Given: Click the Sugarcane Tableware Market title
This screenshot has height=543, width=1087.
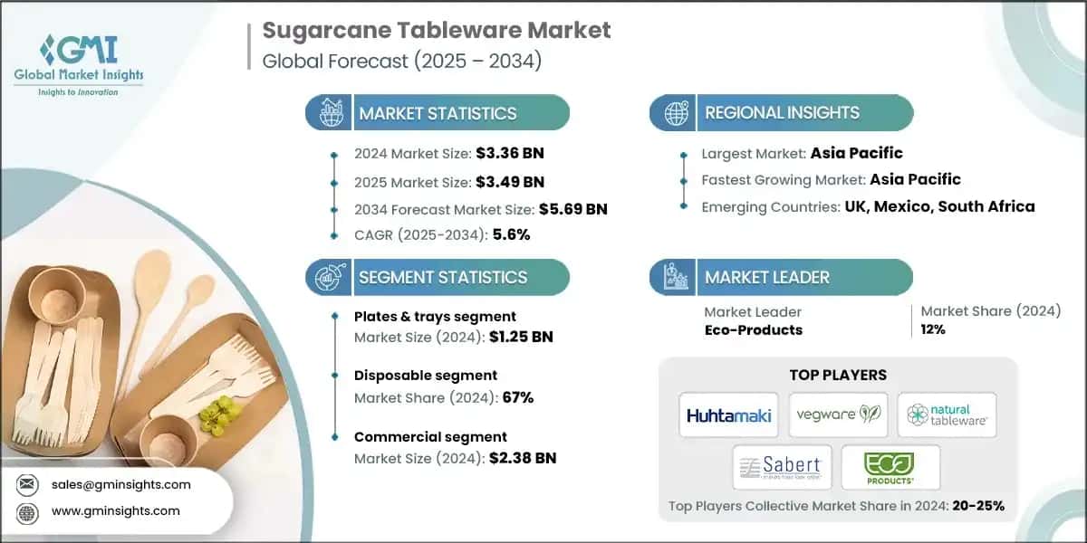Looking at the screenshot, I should click(436, 31).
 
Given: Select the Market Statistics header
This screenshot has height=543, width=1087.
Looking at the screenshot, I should click(438, 113).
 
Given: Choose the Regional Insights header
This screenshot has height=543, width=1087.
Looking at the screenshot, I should click(782, 113).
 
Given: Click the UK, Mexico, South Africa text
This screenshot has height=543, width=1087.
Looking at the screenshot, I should click(940, 206).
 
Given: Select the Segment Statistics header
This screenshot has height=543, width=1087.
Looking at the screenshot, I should click(442, 277).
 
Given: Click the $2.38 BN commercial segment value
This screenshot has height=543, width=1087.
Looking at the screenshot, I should click(518, 458).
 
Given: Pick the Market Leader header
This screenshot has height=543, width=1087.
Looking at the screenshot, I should click(767, 277).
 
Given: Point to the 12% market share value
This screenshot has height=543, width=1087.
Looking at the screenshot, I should click(932, 329).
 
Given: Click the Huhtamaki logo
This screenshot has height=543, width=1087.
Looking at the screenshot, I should click(729, 415).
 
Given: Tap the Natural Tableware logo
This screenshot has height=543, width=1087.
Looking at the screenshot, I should click(947, 415).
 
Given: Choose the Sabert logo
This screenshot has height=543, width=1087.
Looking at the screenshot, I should click(783, 467).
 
